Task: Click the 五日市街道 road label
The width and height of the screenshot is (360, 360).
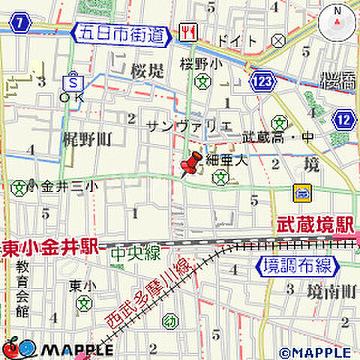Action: coord(121,33)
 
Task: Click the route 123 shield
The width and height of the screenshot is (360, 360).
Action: coord(262,80)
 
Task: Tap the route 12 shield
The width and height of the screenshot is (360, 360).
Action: coord(345,120)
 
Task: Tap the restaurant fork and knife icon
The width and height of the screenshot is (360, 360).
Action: coord(187,32)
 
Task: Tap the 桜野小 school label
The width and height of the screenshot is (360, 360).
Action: coord(200,65)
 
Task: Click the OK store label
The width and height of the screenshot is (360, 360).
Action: coord(73,96)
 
